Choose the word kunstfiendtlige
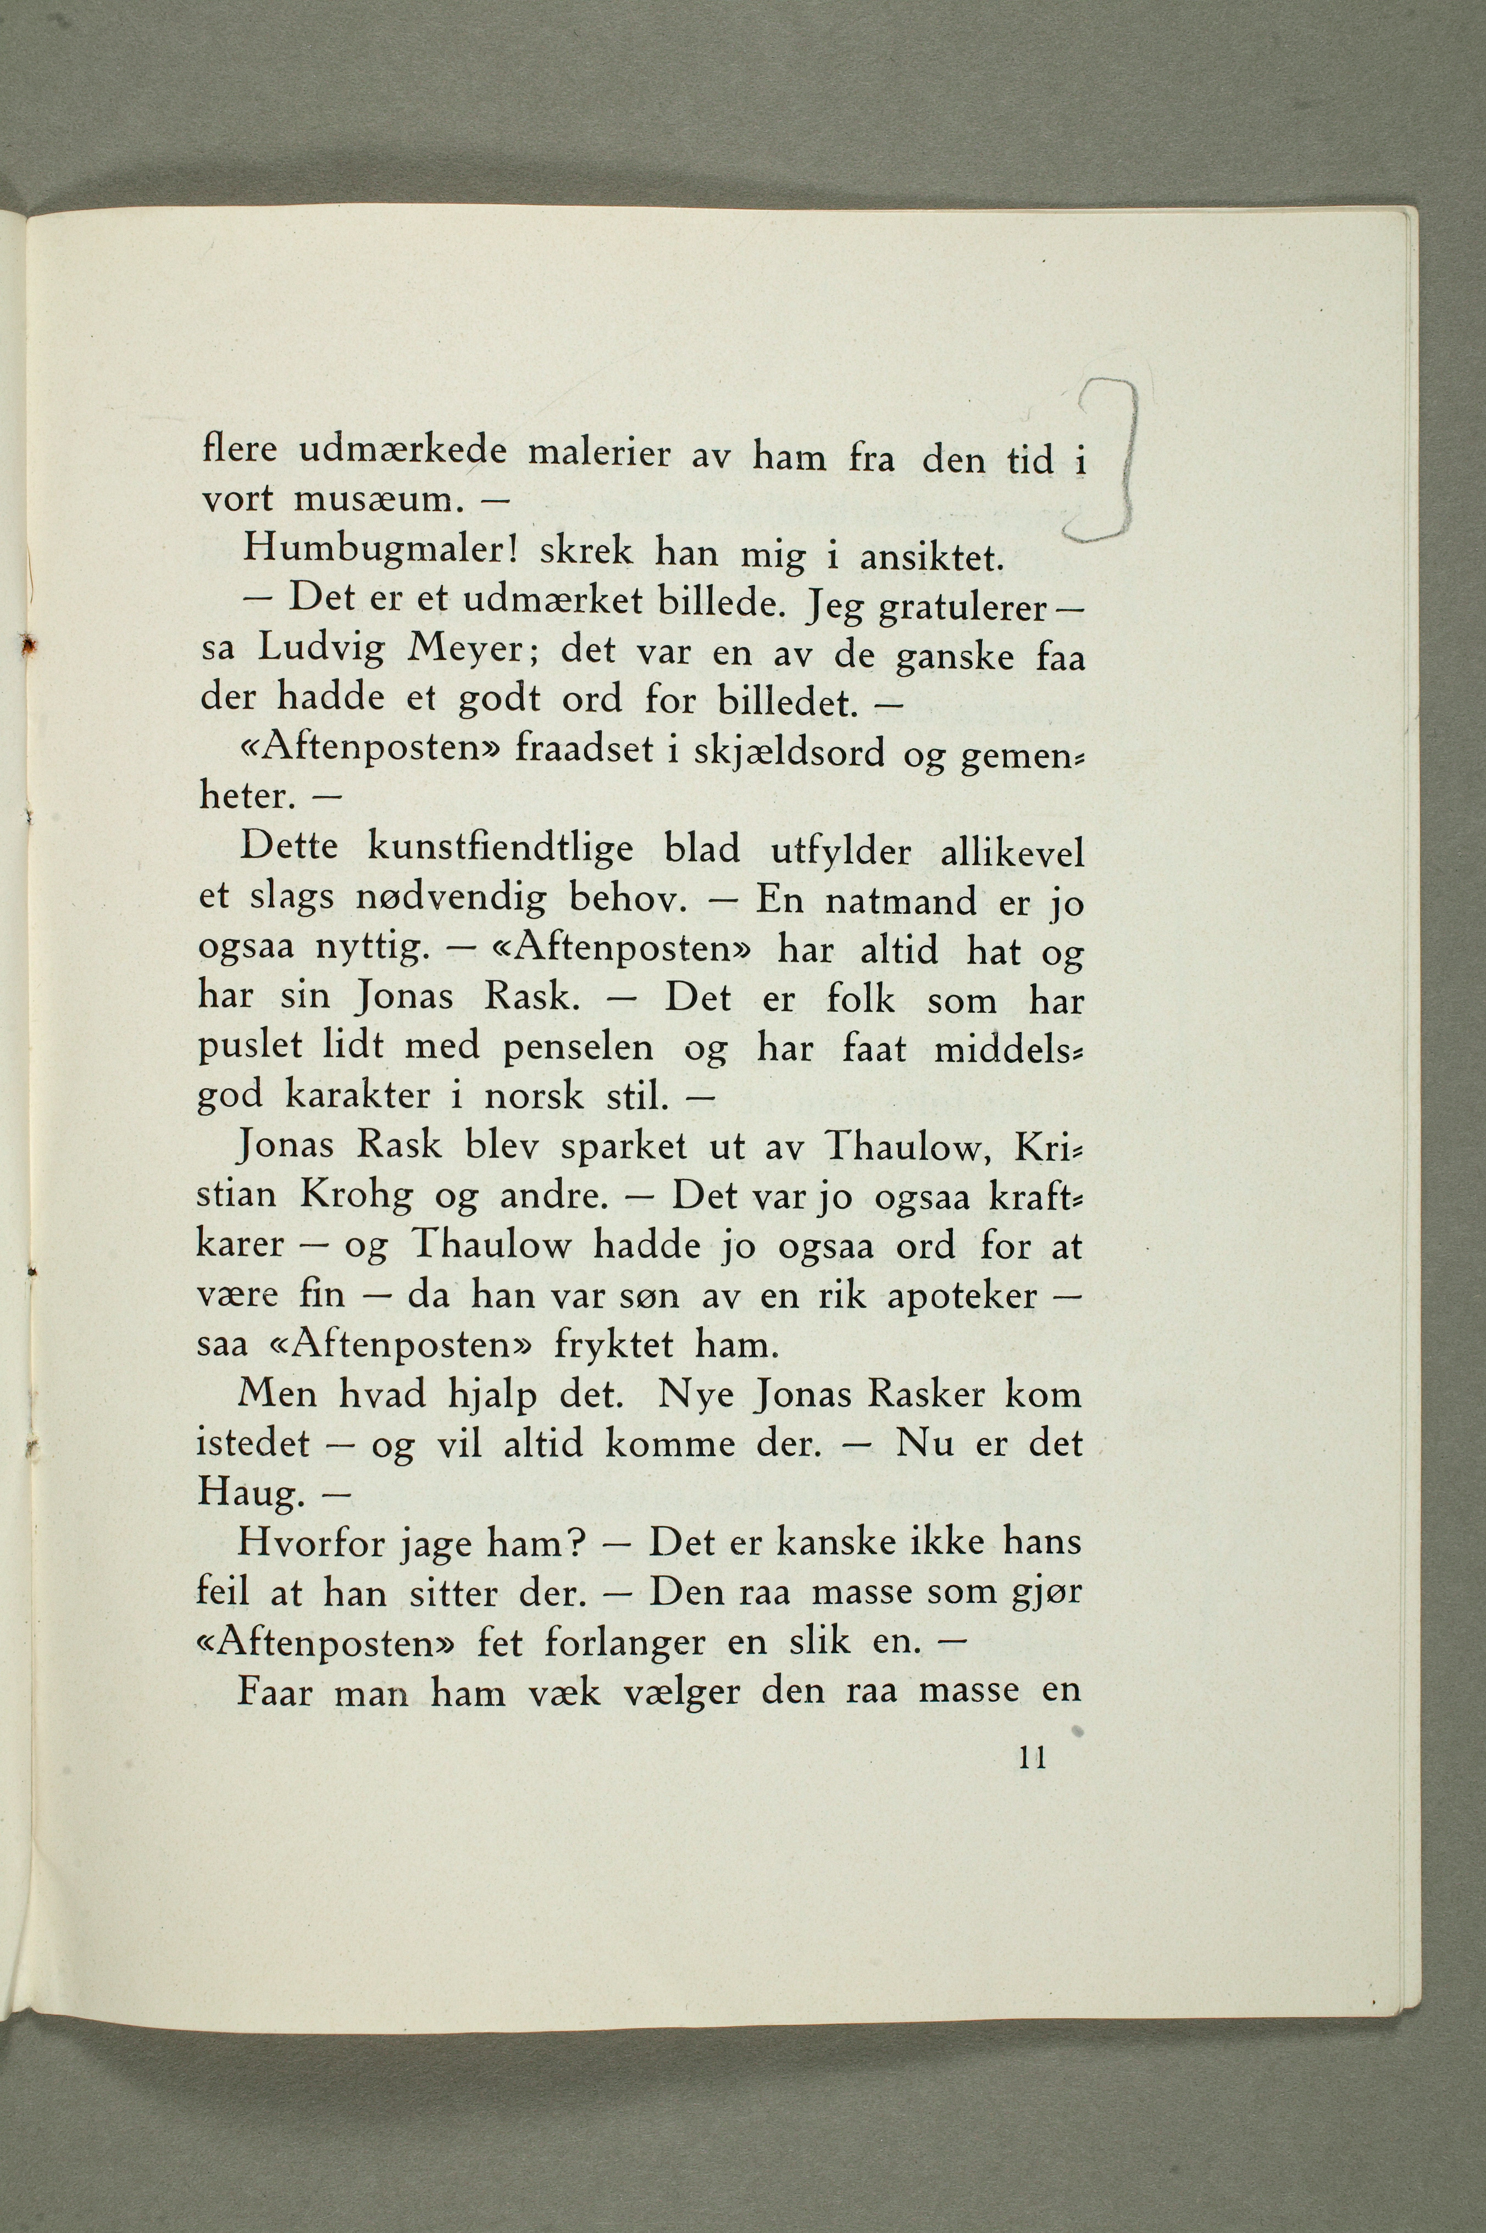(500, 848)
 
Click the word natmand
(900, 899)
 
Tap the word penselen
(578, 1047)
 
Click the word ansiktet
(930, 559)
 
